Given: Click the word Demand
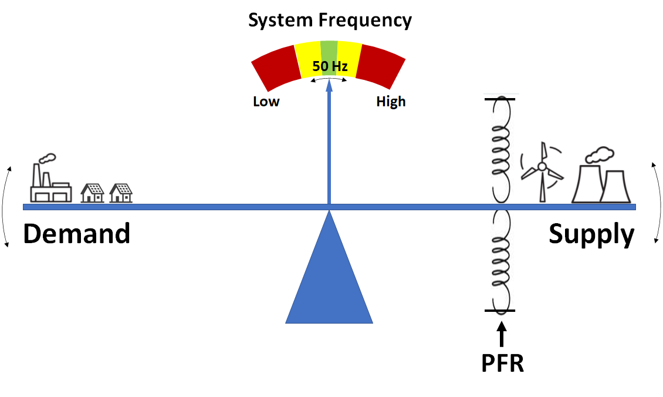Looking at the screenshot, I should click(x=76, y=234).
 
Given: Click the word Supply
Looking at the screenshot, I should click(x=591, y=234).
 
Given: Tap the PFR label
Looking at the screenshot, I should click(x=502, y=364).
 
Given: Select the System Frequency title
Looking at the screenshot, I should click(x=330, y=20).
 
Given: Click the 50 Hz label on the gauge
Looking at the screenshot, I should click(x=329, y=66).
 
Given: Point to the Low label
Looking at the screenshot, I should click(x=266, y=102).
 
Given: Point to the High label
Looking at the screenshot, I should click(x=391, y=102).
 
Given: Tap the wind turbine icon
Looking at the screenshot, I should click(x=542, y=170).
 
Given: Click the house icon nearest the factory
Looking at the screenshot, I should click(x=92, y=192).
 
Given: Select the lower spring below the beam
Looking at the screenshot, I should click(x=500, y=258).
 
